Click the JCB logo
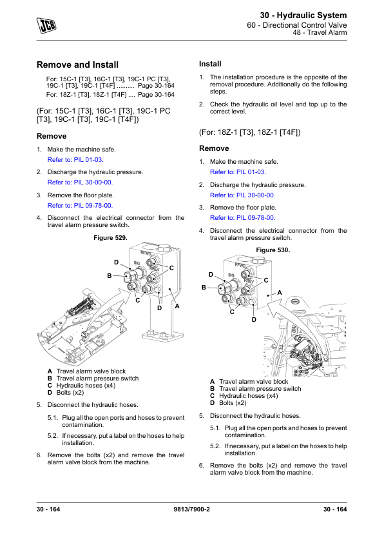46,25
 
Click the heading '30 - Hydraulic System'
303,15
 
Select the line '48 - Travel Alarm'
320,32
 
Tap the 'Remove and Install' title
77,64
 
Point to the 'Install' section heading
210,64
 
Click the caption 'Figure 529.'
110,238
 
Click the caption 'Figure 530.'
273,250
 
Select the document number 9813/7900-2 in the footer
191,509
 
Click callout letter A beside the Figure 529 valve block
177,306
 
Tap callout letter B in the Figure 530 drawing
204,288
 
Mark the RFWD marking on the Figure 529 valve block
146,254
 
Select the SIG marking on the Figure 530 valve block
231,275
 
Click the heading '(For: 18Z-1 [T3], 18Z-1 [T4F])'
250,132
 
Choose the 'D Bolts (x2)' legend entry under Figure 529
66,392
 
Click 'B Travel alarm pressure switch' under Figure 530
256,389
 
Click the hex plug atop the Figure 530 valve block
258,261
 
